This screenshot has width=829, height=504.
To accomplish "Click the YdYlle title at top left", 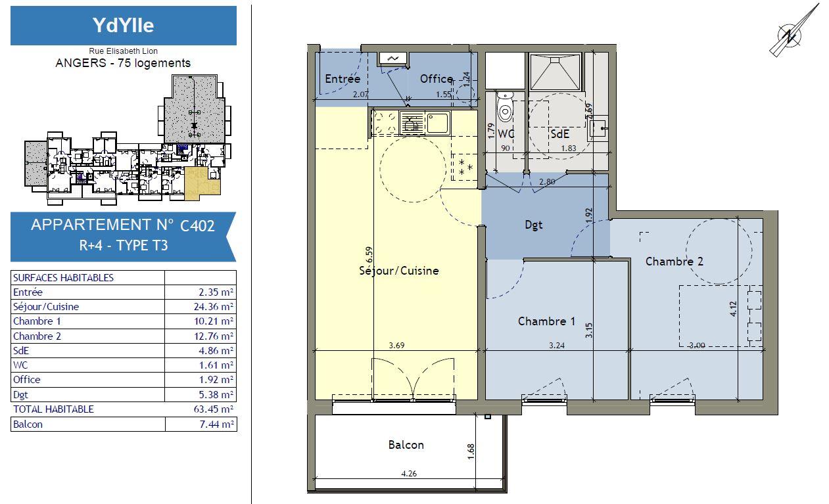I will pos(123,25).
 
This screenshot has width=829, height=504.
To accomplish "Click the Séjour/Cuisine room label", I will pos(399,271).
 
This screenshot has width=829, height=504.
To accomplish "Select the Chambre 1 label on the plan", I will pos(546,321).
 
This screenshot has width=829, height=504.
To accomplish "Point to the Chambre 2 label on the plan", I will pos(674,262).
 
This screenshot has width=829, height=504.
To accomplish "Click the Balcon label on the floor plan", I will pos(406,445).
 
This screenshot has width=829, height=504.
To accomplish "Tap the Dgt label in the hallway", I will pos(534,225).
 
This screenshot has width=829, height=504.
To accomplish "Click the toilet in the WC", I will pos(505,108).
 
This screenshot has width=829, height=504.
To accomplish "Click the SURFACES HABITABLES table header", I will pos(63,278).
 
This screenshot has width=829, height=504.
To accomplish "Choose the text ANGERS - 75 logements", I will pos(123,63).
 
